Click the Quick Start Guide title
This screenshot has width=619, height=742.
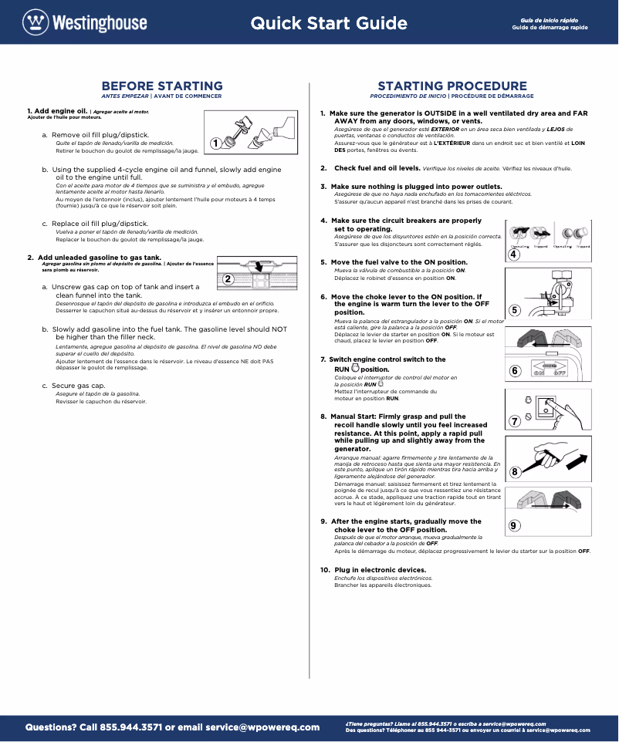(x=329, y=23)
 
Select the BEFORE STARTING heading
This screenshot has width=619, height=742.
(x=162, y=86)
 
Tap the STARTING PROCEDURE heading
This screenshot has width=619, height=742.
(x=452, y=86)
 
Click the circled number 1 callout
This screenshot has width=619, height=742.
(x=215, y=143)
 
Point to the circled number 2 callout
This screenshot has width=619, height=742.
(x=228, y=278)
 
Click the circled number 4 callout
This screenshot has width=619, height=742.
(x=514, y=255)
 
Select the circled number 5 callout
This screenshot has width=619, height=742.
(x=515, y=310)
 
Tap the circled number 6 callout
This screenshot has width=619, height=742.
(x=515, y=371)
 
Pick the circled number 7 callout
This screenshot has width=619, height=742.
(x=515, y=421)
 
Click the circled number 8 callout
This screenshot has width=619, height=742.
(x=515, y=470)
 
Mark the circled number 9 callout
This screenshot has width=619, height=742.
(x=515, y=525)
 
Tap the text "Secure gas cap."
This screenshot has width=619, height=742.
(x=78, y=385)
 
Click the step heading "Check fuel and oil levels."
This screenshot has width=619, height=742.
(x=377, y=167)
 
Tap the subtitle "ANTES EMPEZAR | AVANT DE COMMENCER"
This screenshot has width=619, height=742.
(x=162, y=96)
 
